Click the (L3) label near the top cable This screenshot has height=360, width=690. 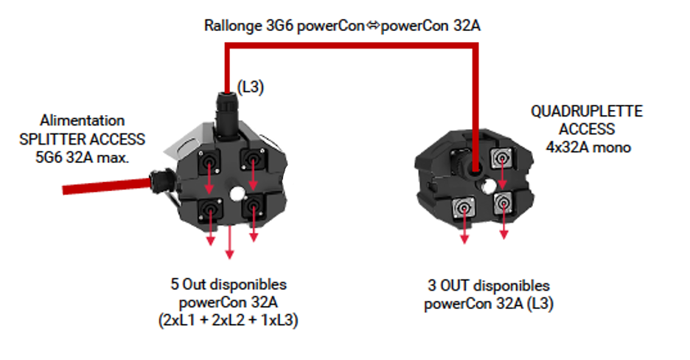click(251, 87)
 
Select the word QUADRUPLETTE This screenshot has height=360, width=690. click(587, 112)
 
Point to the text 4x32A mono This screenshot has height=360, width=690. click(587, 147)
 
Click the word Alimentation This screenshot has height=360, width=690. click(83, 120)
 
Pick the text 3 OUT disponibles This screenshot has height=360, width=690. click(489, 285)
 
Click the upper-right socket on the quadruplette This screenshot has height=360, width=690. click(503, 156)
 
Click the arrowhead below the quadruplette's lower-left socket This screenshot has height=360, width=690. click(466, 239)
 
